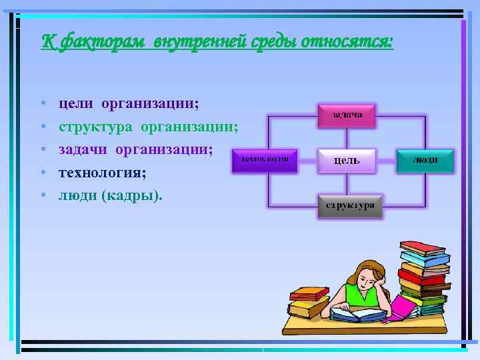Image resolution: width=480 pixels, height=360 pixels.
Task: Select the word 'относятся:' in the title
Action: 347,42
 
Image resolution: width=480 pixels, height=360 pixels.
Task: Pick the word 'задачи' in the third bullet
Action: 83,149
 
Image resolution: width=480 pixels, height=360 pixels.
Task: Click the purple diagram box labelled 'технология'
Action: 264,161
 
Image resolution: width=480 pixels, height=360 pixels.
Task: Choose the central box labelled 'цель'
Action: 347,161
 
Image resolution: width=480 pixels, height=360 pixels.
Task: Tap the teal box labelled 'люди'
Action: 425,161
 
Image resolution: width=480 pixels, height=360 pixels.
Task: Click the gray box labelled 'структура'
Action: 350,206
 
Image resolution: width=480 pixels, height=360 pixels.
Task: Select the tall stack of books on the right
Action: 423,277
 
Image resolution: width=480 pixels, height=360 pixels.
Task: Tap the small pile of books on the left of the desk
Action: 308,303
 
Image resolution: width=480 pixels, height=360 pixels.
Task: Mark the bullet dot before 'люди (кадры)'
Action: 42,196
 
